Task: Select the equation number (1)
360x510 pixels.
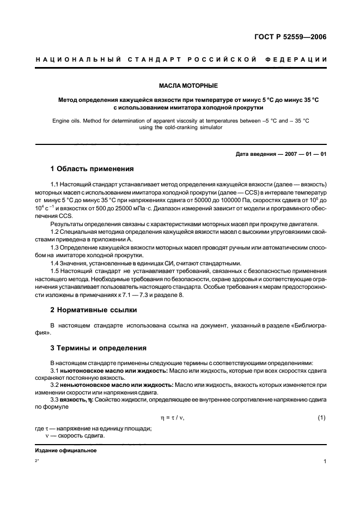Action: click(x=321, y=417)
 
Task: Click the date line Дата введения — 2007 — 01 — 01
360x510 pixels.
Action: click(x=281, y=154)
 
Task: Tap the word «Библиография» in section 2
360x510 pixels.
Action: click(x=305, y=325)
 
